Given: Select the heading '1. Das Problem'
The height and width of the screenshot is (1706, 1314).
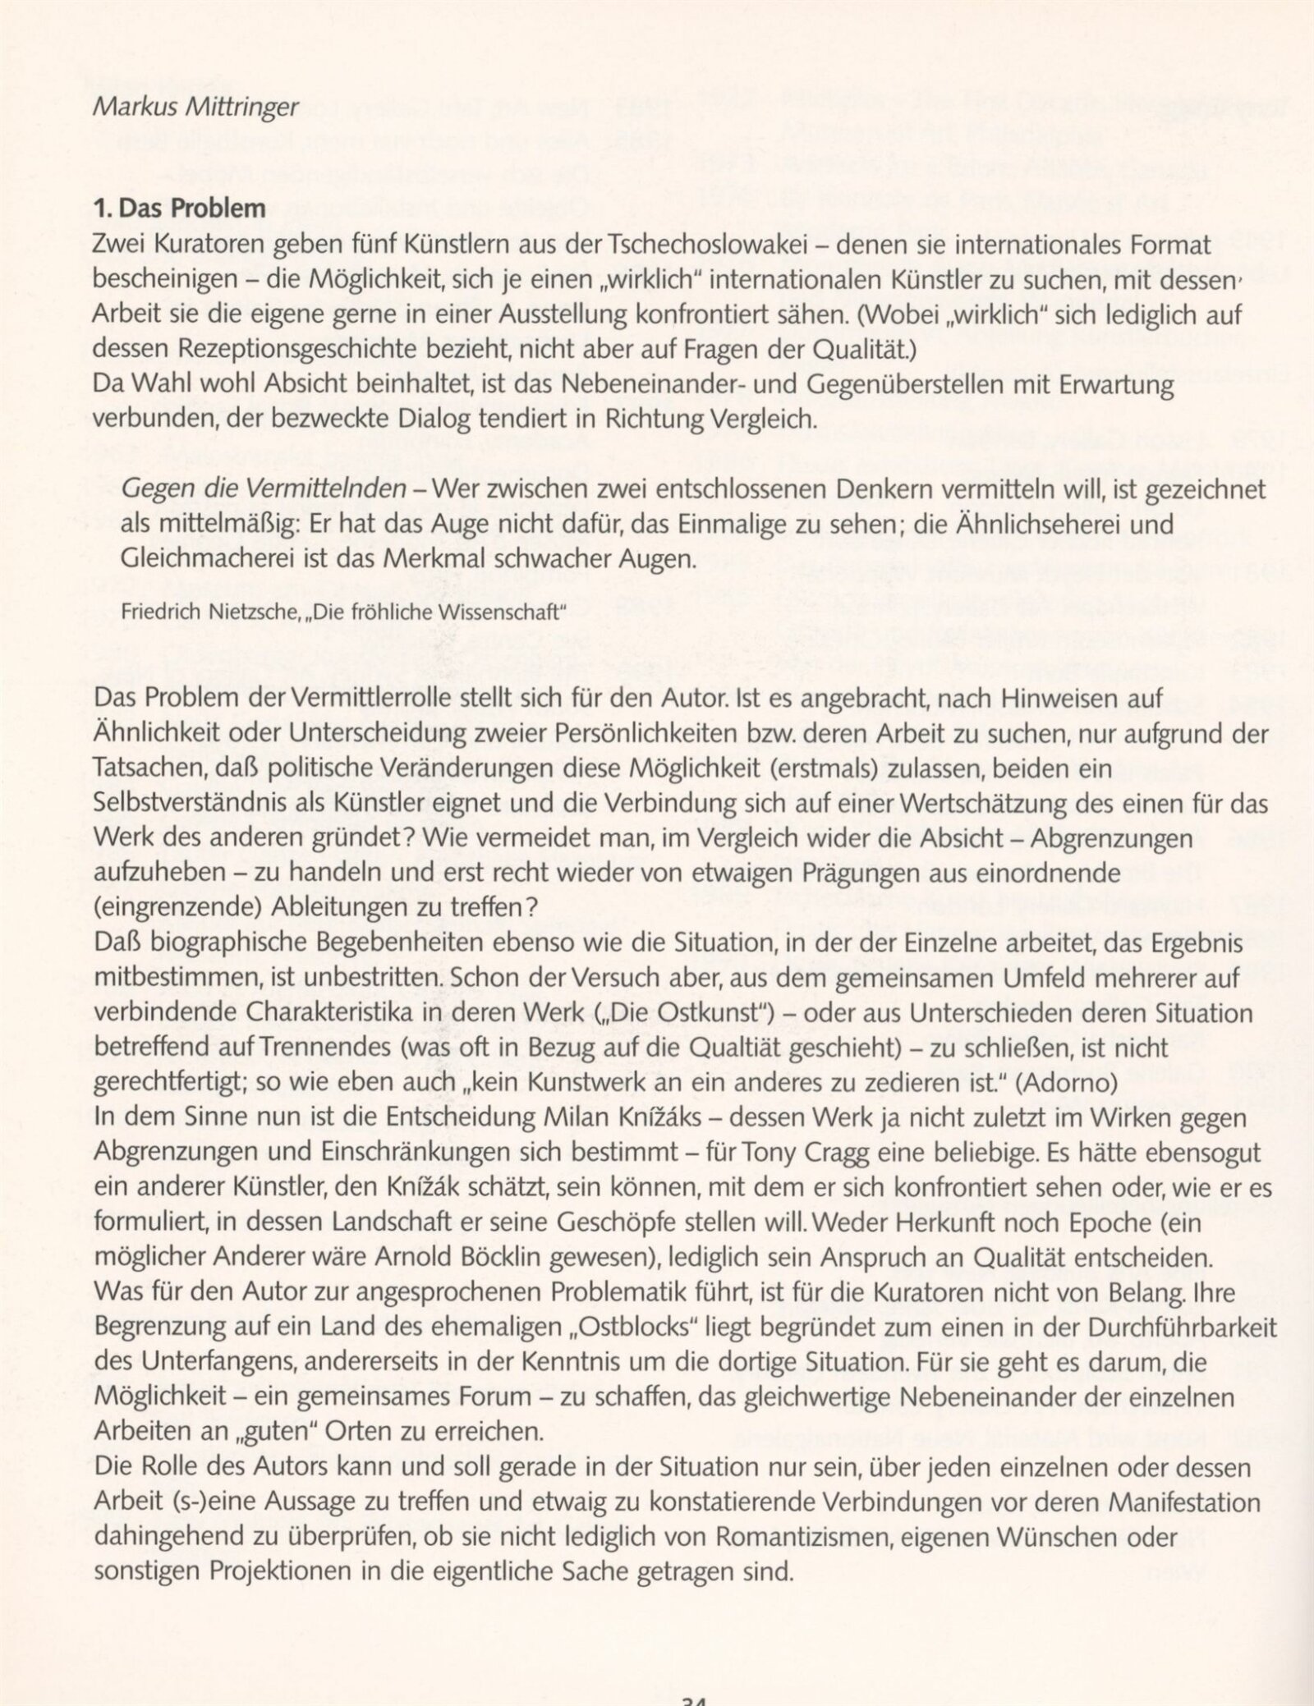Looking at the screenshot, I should pyautogui.click(x=181, y=209).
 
